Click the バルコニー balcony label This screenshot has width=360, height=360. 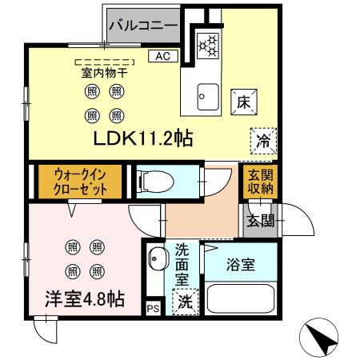[142, 26]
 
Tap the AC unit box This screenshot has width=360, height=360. [162, 56]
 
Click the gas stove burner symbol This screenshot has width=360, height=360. [209, 45]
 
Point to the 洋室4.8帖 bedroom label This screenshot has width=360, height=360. [84, 300]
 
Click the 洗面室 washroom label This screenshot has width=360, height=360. [182, 263]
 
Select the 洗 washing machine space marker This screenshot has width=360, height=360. [184, 303]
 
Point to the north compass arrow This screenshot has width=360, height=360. [323, 341]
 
